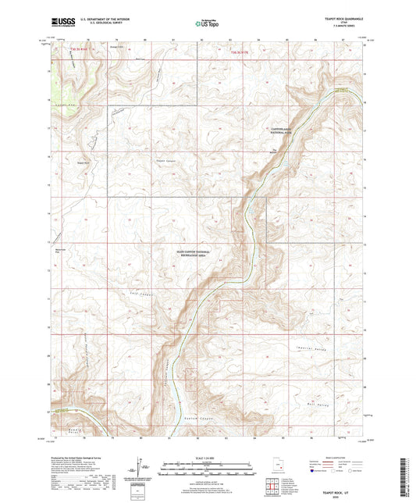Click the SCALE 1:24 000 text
(x=208, y=458)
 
